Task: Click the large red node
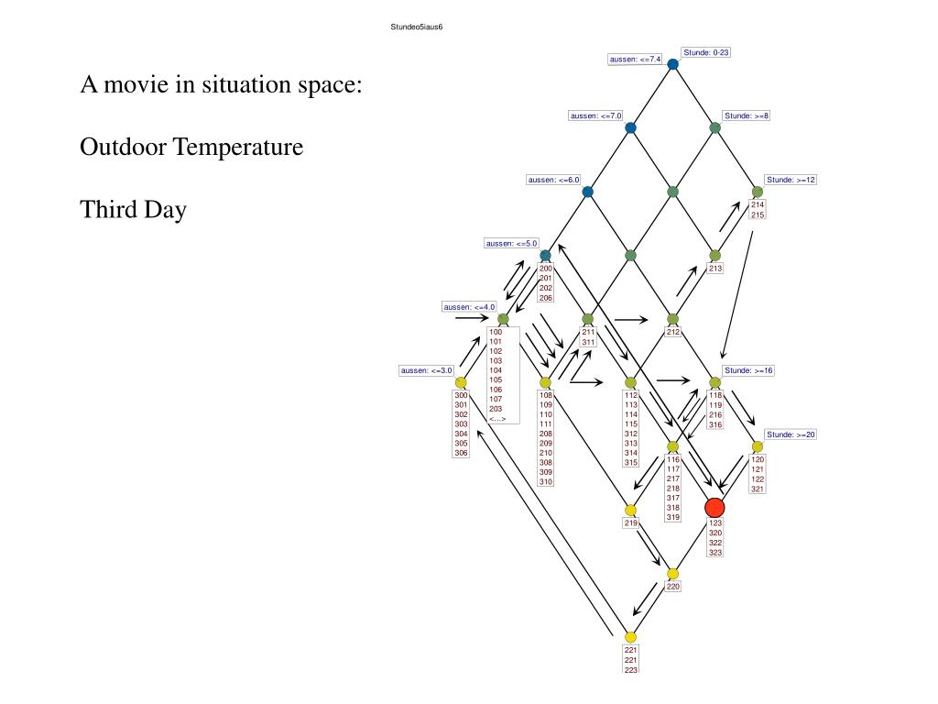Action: tap(714, 508)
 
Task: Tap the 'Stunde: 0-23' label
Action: tap(705, 52)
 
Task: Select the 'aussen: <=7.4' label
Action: tap(636, 59)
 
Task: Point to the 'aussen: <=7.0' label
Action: tap(595, 115)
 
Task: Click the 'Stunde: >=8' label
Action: tap(747, 115)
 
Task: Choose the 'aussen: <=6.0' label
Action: tap(553, 180)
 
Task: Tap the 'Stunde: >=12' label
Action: tap(791, 180)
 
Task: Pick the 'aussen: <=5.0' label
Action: tap(511, 243)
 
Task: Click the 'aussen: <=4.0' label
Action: tap(469, 307)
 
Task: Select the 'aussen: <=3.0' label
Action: tap(427, 370)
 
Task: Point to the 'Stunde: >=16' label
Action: tap(748, 370)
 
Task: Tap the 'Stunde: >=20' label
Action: tap(791, 434)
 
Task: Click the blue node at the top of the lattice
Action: tap(672, 64)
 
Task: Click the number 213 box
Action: tap(714, 269)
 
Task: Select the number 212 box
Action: tap(672, 332)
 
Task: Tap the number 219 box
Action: tap(630, 522)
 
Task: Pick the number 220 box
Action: tap(672, 587)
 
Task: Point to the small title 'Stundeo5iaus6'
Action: tap(417, 27)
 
